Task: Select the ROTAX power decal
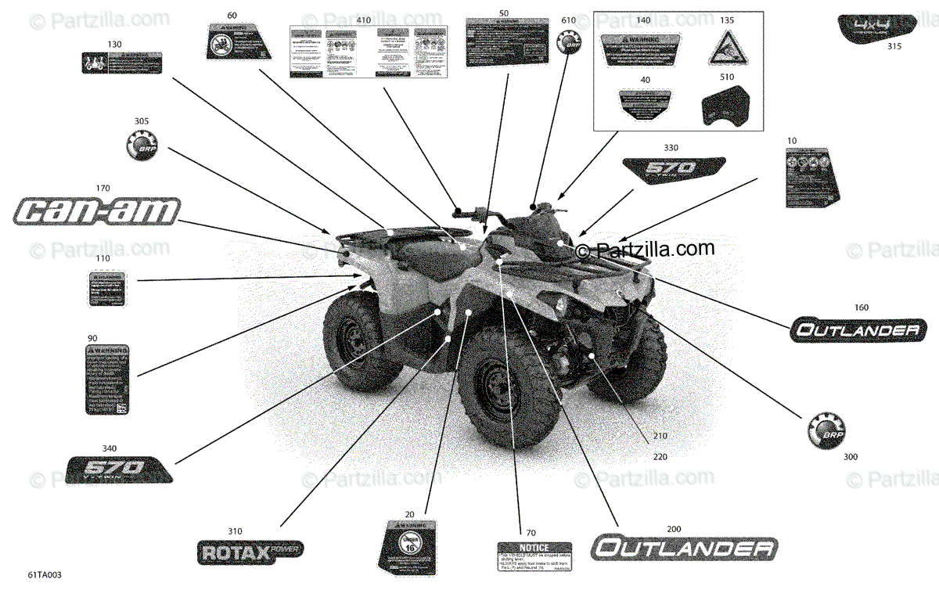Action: point(248,552)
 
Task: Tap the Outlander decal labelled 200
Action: point(682,548)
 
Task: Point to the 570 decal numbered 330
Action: point(673,171)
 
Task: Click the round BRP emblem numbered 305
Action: point(142,146)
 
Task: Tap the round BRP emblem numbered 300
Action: point(826,429)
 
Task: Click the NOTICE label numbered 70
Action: point(534,559)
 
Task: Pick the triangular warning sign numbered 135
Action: point(725,49)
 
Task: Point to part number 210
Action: point(660,435)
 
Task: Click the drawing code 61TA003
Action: point(44,575)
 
